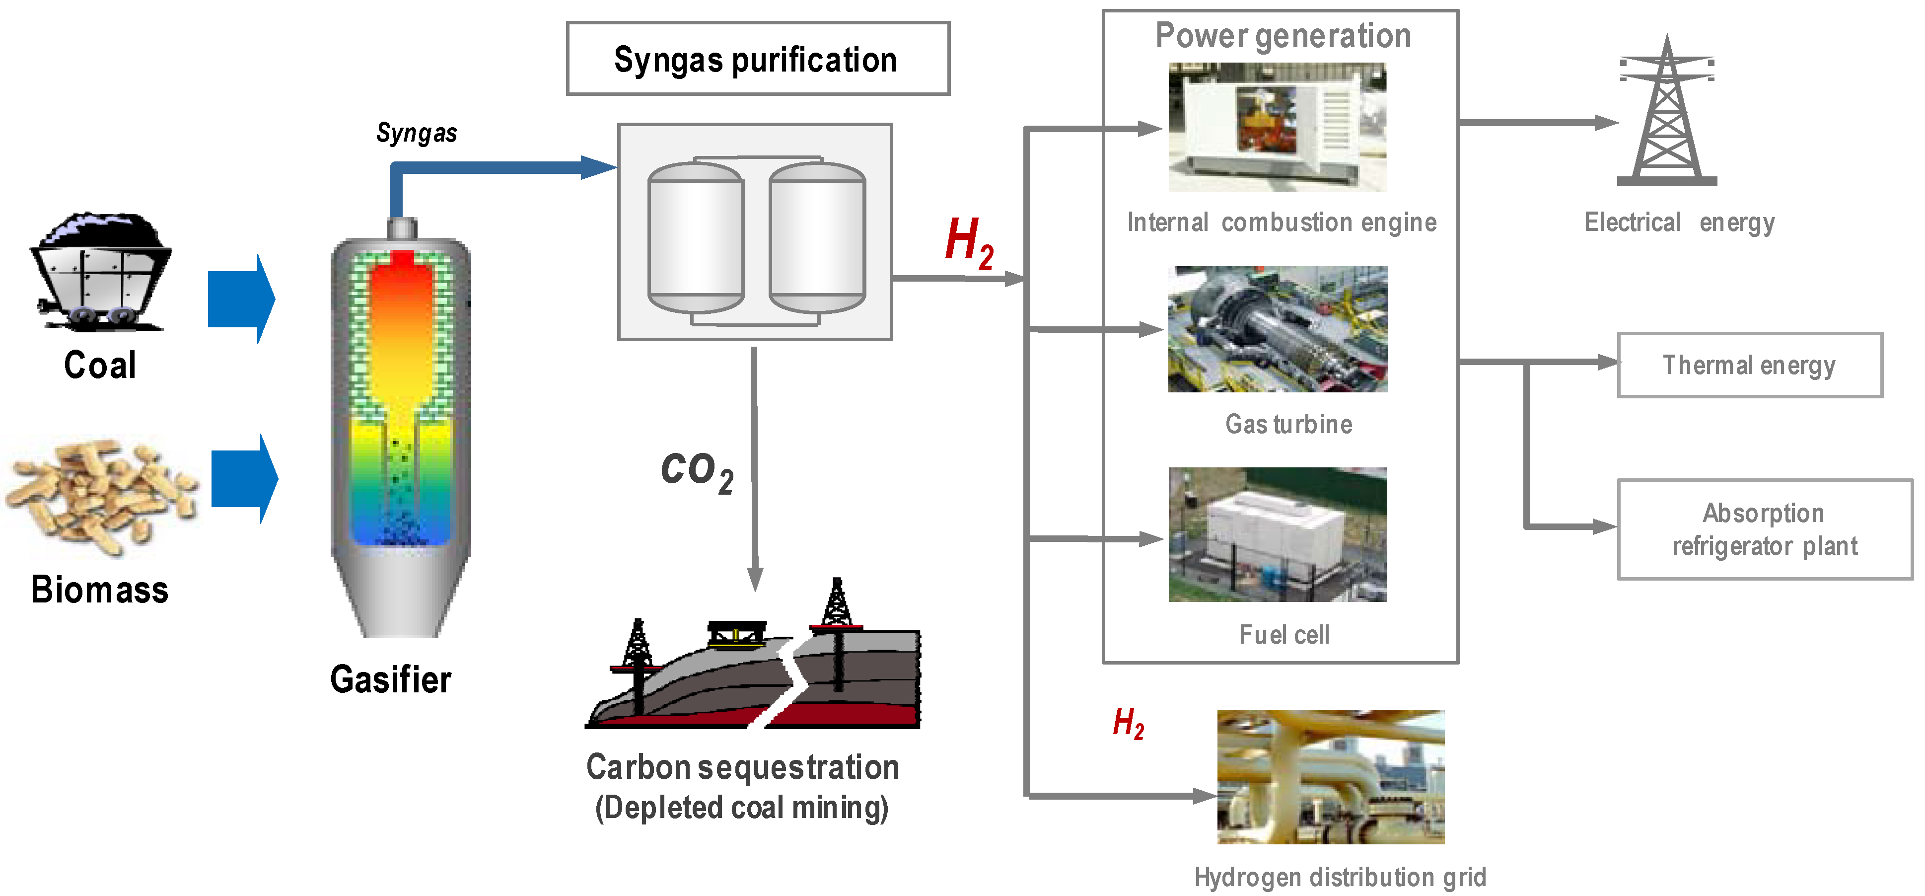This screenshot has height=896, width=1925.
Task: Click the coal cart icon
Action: tap(101, 273)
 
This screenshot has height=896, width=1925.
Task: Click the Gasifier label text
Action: tap(390, 679)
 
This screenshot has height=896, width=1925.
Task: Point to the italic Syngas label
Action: tap(416, 133)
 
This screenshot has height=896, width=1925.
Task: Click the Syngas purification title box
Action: tap(757, 58)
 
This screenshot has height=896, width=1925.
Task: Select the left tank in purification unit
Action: tap(695, 237)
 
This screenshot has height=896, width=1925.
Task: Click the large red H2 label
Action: tap(969, 242)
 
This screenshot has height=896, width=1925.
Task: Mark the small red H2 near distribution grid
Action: tap(1128, 723)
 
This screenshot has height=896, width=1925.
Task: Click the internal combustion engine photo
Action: tap(1277, 127)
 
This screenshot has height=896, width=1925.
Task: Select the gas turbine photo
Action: tap(1277, 329)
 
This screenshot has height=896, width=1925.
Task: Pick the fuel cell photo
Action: tap(1277, 534)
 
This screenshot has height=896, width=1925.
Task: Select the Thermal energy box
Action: tap(1749, 365)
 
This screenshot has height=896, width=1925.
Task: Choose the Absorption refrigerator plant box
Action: tap(1764, 529)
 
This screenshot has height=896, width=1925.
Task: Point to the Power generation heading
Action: tap(1283, 35)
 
